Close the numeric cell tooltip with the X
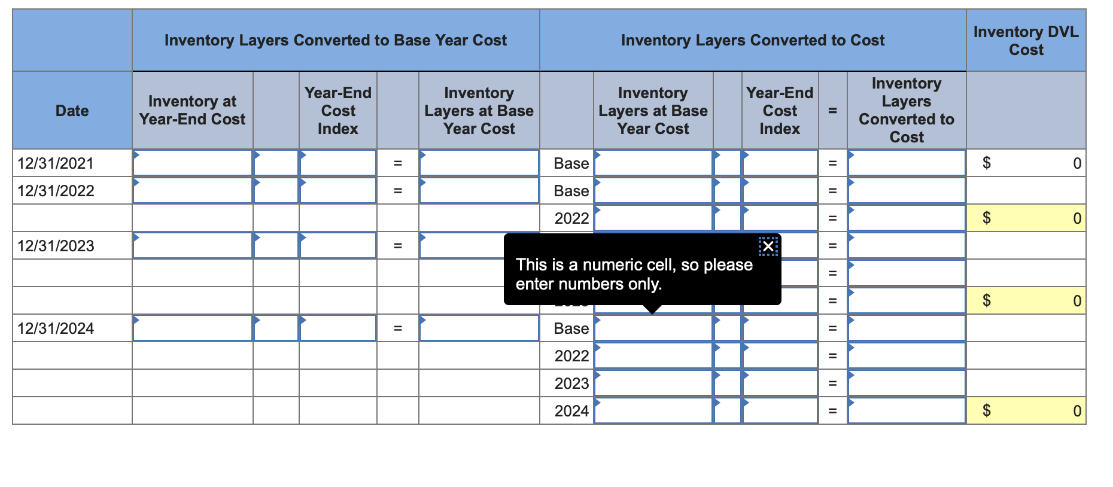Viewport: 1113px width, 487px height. [768, 246]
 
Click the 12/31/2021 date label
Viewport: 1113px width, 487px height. [56, 163]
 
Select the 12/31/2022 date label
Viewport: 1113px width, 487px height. [56, 191]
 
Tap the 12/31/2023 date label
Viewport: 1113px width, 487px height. [56, 246]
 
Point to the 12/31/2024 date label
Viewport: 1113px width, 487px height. [56, 328]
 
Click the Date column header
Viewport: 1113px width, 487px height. [72, 111]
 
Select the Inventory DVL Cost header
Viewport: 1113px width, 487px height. [1026, 41]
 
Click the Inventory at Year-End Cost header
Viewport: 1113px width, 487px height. [192, 111]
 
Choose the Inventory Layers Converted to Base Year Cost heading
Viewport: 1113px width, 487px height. [335, 41]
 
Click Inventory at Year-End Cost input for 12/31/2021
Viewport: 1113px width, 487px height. [192, 163]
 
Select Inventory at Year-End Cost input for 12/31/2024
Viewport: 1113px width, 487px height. [192, 328]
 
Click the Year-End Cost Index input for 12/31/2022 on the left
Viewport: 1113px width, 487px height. [338, 191]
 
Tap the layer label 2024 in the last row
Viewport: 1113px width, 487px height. [571, 411]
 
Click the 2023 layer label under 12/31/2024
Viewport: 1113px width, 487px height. [571, 383]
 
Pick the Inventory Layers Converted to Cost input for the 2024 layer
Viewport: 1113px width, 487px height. [907, 411]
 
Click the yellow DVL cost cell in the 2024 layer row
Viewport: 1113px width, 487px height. [1026, 411]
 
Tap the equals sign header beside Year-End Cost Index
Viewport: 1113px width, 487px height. [832, 111]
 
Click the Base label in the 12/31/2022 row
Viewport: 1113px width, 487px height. [571, 191]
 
